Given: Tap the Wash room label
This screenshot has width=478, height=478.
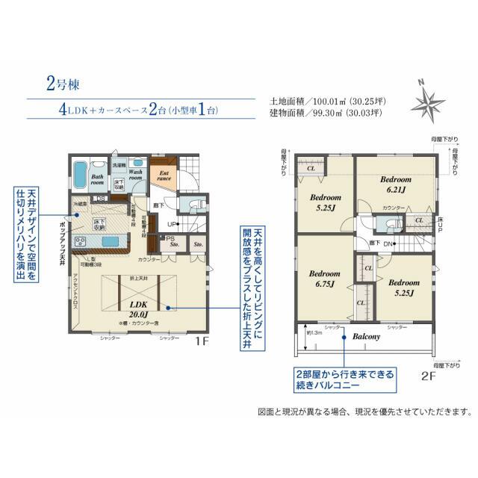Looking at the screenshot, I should pyautogui.click(x=136, y=175).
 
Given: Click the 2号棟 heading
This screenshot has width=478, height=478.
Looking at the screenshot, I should pyautogui.click(x=58, y=83).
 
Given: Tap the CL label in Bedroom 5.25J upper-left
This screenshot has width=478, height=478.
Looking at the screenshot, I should pyautogui.click(x=311, y=169).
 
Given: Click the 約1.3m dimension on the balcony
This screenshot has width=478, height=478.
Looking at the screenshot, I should pyautogui.click(x=314, y=332).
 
